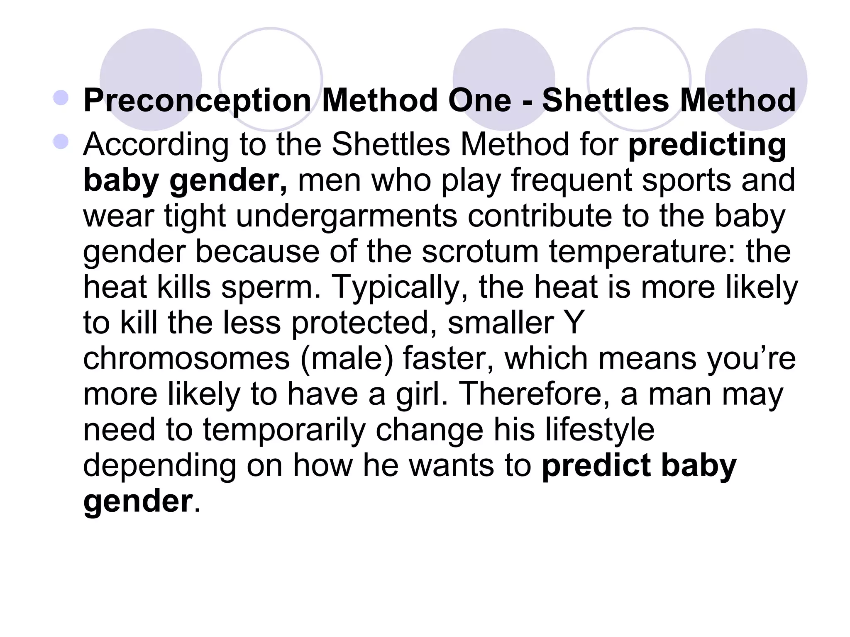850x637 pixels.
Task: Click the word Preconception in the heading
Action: pos(197,101)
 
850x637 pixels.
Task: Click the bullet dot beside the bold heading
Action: pos(61,98)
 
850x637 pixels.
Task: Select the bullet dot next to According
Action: pos(61,142)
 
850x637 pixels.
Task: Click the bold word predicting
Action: pos(707,145)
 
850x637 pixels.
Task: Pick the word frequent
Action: pos(571,181)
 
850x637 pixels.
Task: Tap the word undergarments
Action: pos(347,216)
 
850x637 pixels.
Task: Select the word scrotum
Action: pos(480,252)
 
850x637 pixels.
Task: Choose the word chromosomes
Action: pos(186,358)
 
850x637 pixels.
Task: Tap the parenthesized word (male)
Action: pos(347,358)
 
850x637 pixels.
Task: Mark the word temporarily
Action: pos(284,430)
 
